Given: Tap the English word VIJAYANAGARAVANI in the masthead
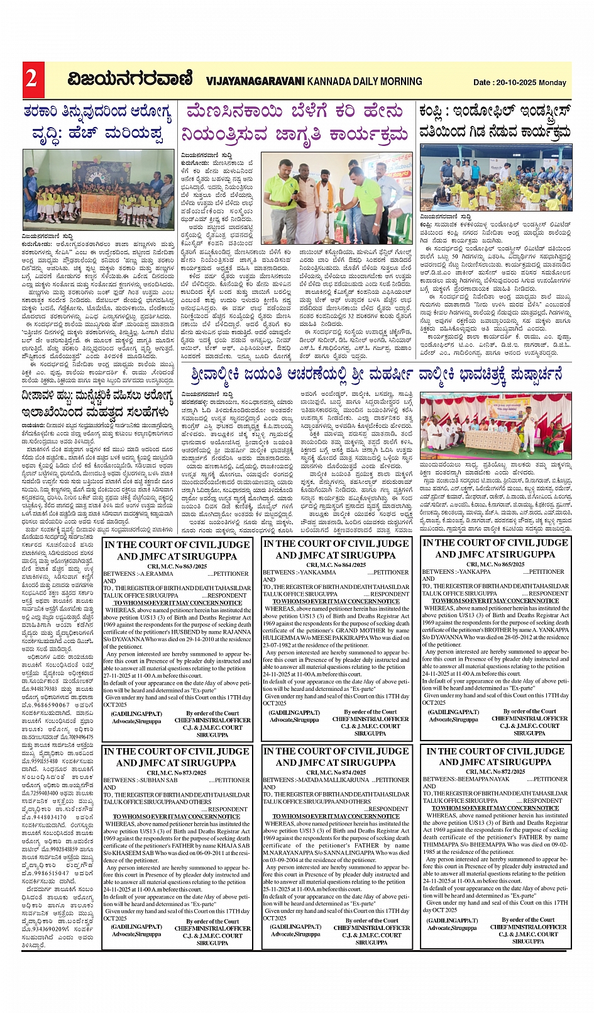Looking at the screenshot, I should click(x=255, y=81).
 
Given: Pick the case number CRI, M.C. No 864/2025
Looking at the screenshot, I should click(x=336, y=564).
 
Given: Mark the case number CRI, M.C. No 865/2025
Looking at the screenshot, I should click(x=495, y=564).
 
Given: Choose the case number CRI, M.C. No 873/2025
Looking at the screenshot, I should click(x=177, y=773).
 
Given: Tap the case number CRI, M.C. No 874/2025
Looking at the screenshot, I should click(x=336, y=772).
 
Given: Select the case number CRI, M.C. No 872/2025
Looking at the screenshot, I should click(x=495, y=771).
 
